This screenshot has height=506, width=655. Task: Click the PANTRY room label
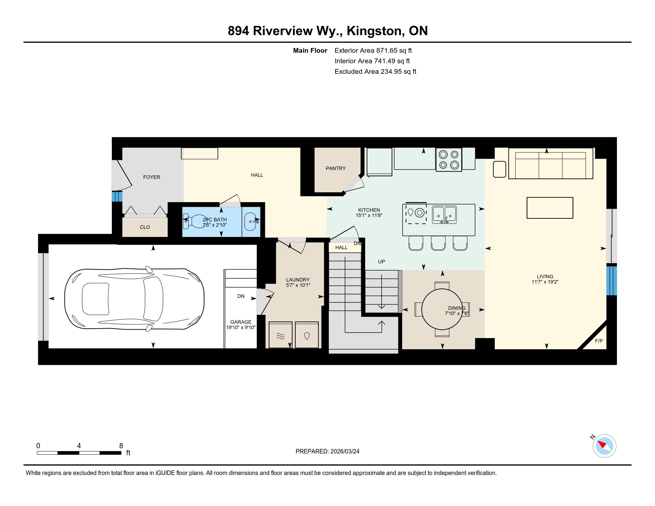point(336,168)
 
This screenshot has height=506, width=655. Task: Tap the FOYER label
point(152,177)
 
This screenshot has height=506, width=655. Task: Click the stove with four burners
point(449,160)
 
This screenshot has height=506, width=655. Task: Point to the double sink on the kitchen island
point(444,215)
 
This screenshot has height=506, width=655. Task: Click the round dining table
point(442,309)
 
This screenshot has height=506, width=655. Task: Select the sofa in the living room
point(550,163)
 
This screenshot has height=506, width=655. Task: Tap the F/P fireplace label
point(599,341)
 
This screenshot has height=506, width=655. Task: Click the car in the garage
point(134,299)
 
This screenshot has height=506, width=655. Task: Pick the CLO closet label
point(145,227)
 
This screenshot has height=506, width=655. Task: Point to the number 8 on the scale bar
point(121,446)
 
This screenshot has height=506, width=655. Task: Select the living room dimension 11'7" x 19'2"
point(545,282)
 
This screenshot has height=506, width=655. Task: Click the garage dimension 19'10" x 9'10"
point(241,328)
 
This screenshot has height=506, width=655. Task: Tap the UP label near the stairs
point(381,262)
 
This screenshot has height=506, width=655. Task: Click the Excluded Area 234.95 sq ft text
point(375,72)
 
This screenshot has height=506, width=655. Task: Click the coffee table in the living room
point(550,208)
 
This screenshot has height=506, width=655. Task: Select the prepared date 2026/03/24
point(344,452)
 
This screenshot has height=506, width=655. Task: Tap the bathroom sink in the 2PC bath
point(251,221)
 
